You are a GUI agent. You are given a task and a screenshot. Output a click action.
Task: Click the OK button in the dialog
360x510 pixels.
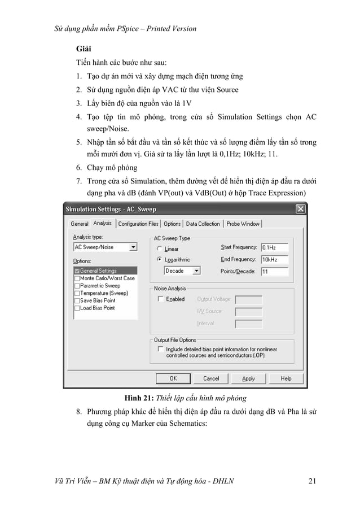click(x=173, y=378)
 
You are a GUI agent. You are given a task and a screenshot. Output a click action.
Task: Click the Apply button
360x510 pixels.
click(x=248, y=378)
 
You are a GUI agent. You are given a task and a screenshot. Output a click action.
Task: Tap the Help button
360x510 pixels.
click(x=286, y=378)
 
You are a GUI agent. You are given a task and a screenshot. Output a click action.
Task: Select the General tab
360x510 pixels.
click(x=79, y=224)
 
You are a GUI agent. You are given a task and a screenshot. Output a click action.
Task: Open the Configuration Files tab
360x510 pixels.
click(x=138, y=224)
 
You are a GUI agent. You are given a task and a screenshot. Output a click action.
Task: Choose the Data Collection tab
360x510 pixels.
click(x=203, y=224)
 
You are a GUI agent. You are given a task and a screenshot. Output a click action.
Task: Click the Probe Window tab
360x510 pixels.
click(x=243, y=224)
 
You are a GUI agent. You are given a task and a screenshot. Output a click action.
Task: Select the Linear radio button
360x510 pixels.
click(x=160, y=249)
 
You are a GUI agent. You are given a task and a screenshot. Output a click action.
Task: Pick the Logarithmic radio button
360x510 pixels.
click(x=160, y=260)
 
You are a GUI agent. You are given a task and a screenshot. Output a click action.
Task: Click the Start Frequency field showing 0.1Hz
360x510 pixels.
click(x=274, y=247)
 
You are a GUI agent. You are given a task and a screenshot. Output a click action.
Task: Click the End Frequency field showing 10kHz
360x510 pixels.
click(x=274, y=259)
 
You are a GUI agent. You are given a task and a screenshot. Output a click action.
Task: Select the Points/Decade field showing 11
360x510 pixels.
click(x=274, y=271)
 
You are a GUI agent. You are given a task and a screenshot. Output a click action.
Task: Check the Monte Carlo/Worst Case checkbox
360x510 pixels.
click(x=77, y=278)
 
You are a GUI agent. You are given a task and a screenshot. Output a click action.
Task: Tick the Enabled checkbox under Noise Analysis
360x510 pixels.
click(x=161, y=299)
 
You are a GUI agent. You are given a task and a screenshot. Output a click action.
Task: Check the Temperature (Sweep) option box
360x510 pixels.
click(x=77, y=293)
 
